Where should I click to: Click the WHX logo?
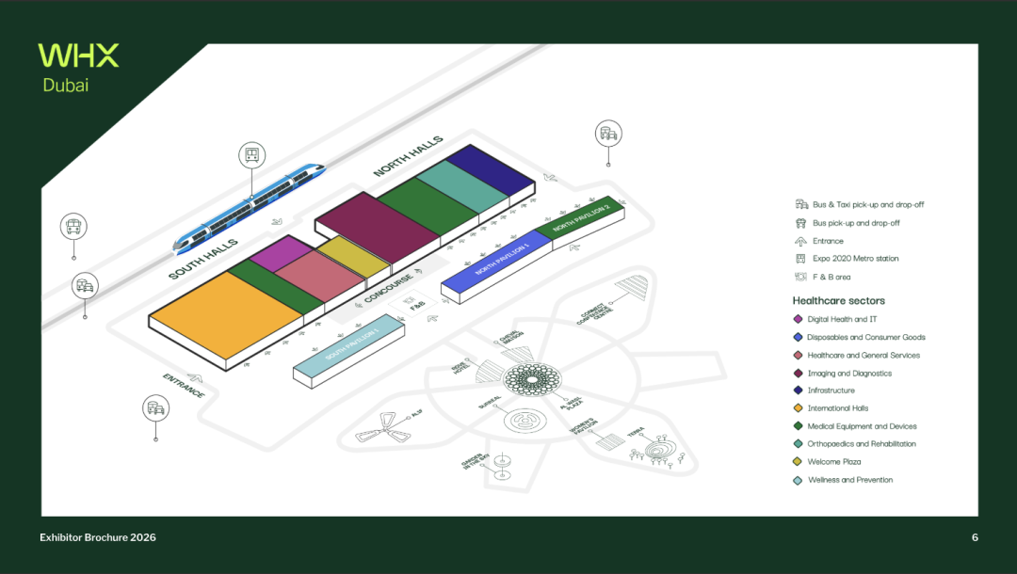pos(78,55)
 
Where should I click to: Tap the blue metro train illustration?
pos(250,209)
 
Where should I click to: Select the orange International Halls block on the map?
pos(226,314)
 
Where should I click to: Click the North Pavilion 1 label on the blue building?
pos(502,258)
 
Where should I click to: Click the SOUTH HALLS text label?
pos(202,259)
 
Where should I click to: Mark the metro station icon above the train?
pos(251,155)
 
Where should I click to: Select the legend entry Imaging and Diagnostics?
pos(849,374)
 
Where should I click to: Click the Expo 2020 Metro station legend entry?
pos(855,259)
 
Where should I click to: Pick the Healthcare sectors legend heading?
pos(838,301)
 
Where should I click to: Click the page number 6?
pos(975,537)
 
